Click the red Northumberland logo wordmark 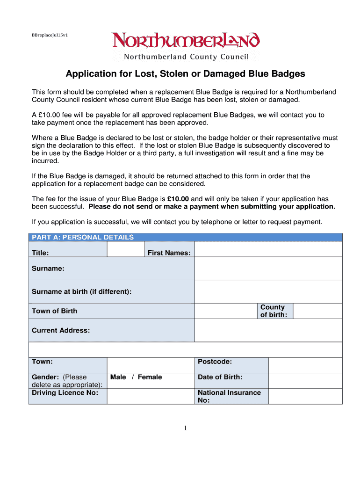point(186,41)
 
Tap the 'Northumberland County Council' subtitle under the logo point(186,57)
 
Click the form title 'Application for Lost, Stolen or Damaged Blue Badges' point(185,74)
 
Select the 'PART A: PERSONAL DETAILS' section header point(83,237)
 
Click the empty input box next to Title point(126,249)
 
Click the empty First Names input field point(268,249)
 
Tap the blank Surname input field point(268,269)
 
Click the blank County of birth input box point(317,311)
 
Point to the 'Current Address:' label point(61,330)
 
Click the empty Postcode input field point(305,365)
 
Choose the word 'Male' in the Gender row point(118,377)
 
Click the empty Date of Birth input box point(305,380)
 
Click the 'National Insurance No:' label point(229,396)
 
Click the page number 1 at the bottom point(186,428)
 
